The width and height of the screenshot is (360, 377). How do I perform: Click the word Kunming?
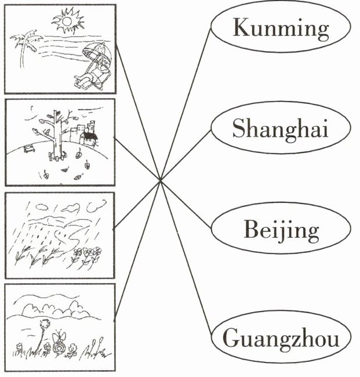click(281, 27)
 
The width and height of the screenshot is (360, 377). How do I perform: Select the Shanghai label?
click(280, 128)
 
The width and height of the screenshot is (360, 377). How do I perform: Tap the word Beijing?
click(281, 231)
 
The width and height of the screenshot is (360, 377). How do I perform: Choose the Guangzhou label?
click(281, 338)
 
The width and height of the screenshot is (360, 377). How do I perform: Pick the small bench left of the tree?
click(27, 150)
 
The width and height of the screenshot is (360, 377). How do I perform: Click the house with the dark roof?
click(88, 138)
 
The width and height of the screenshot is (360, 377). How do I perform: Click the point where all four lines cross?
click(160, 180)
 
